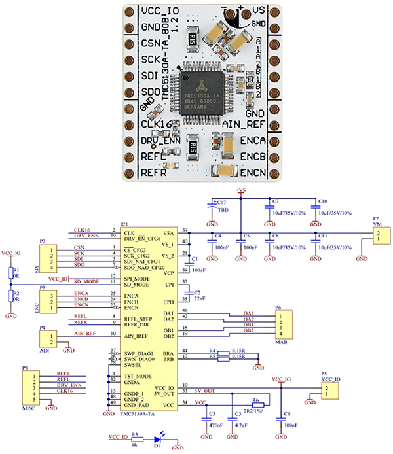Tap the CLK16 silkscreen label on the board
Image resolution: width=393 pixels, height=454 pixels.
coord(160,124)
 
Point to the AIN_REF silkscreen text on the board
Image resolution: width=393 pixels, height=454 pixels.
coord(244,124)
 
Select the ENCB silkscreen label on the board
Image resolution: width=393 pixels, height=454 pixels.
coord(252,156)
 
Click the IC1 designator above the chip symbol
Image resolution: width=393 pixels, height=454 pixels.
coord(124,224)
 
